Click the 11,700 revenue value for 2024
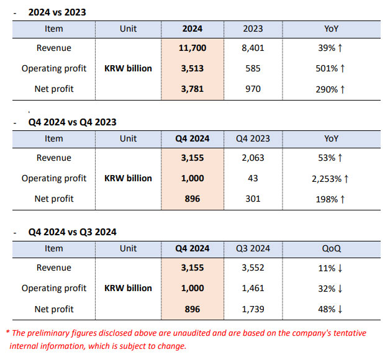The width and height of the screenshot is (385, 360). tap(192, 48)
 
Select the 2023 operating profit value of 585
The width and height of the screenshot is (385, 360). tap(253, 68)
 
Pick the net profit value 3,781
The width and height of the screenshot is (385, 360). tap(192, 89)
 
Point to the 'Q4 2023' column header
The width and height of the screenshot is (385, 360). tap(253, 138)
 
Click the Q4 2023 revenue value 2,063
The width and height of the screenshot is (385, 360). tap(253, 158)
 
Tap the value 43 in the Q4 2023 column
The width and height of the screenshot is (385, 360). tap(253, 178)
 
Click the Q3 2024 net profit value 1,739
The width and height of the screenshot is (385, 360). tap(253, 308)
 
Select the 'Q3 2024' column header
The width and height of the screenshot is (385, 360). tap(253, 248)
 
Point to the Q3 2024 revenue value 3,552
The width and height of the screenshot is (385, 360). tap(253, 268)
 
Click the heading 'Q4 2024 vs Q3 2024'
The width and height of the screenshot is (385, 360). tap(72, 232)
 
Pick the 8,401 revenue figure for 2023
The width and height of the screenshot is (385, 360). tap(253, 48)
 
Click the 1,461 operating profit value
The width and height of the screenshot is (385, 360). tap(253, 288)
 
